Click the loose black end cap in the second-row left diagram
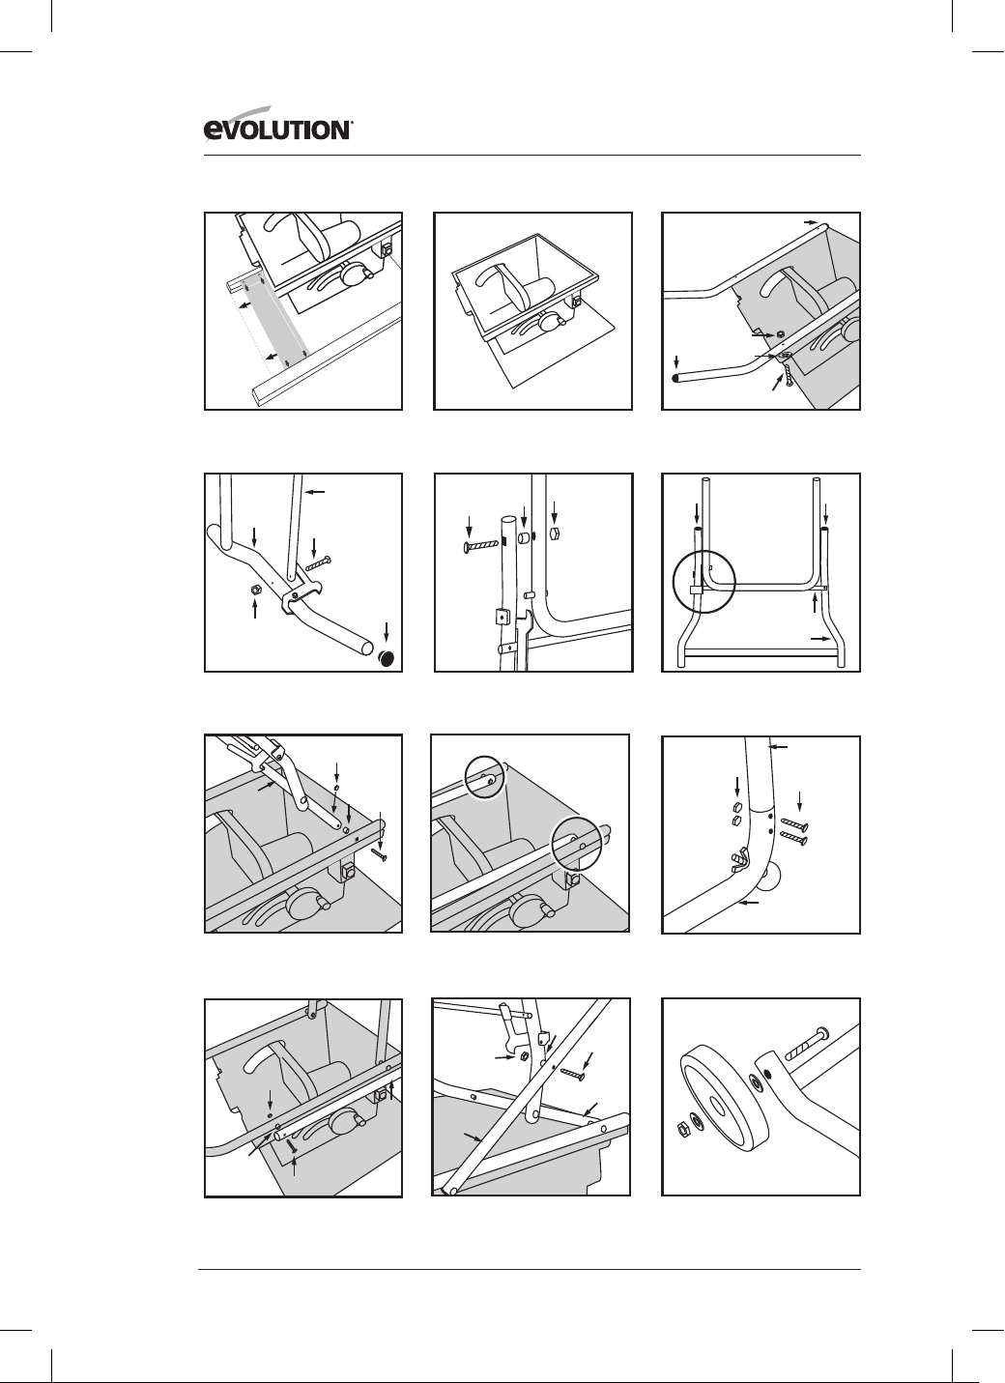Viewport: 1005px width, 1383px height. click(388, 658)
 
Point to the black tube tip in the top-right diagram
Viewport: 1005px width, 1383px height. click(676, 378)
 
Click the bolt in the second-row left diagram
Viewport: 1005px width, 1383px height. click(319, 563)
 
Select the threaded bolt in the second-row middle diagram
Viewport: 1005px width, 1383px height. click(480, 546)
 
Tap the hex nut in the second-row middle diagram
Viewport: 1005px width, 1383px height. click(555, 533)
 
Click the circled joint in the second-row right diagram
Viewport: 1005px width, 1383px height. click(704, 582)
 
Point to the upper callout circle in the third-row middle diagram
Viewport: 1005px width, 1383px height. click(485, 777)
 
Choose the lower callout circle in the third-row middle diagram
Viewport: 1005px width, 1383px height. click(577, 844)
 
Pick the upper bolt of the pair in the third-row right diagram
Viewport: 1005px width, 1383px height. click(794, 823)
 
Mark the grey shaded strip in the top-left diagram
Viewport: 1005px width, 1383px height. click(276, 321)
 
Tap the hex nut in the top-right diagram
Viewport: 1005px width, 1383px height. click(780, 334)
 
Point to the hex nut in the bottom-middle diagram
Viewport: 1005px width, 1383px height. click(523, 1055)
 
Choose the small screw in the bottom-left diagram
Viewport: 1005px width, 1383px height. click(293, 1146)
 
